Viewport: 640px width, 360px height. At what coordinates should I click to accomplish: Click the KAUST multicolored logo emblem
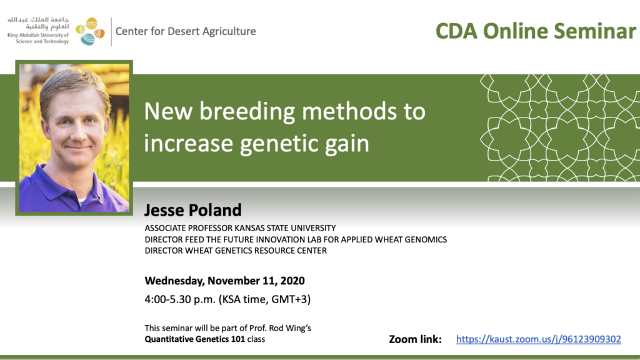point(90,31)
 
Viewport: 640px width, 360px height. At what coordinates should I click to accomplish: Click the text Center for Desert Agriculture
point(186,31)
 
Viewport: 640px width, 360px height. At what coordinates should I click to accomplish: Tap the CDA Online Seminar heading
point(536,31)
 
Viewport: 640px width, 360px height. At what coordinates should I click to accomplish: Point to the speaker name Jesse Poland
point(193,210)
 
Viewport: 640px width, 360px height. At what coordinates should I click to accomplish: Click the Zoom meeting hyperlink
point(538,339)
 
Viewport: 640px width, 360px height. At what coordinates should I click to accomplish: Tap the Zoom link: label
point(415,339)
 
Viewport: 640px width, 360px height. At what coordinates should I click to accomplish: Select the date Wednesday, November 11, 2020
point(224,281)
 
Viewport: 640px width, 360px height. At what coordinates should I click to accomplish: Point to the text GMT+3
point(289,299)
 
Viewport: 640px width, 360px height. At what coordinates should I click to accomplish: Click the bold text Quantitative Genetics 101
point(195,339)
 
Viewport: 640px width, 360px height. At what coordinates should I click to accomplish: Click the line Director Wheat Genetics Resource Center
point(236,251)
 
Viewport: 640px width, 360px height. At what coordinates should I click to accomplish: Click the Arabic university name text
point(38,23)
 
